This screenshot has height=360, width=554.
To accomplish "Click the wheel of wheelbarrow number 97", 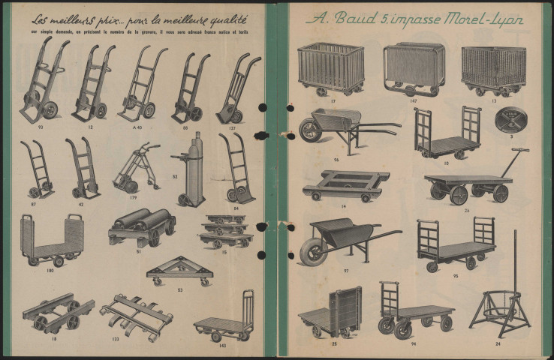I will (x=313, y=251).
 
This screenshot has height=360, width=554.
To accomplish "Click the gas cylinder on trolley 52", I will (x=197, y=169).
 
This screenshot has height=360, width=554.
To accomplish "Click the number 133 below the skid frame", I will (x=116, y=338).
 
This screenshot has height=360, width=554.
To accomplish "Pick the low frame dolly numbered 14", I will (x=345, y=184).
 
